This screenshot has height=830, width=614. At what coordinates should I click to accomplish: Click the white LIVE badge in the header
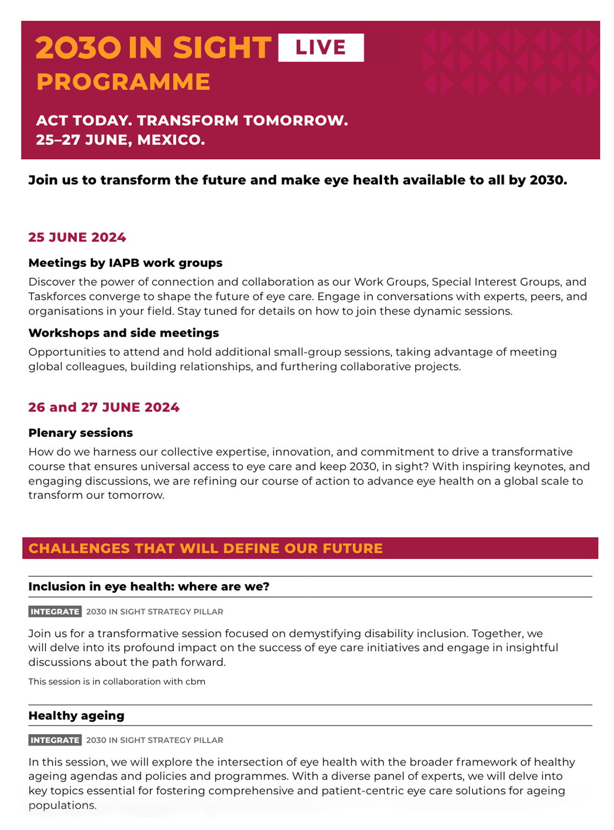321,48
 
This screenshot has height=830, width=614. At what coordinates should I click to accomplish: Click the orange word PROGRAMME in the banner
123,82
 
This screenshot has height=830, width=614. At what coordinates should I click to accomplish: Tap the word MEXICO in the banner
171,140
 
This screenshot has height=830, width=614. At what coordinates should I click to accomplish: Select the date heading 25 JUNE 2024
77,238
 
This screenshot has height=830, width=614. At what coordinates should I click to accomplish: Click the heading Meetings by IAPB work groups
125,263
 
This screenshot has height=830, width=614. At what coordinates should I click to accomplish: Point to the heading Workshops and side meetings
124,333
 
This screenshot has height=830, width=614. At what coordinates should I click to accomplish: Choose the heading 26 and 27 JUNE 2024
104,408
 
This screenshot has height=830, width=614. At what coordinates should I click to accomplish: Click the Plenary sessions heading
80,433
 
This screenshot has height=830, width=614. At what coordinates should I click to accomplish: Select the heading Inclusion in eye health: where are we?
148,587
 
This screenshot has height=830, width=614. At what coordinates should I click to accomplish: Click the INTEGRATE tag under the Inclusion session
55,612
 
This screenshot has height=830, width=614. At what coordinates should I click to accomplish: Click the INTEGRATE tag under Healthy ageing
55,740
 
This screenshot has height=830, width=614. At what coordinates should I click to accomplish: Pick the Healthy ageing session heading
76,716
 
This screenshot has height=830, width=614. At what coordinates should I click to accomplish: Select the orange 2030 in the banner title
78,48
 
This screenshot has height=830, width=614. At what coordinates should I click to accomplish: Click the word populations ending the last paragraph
62,805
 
